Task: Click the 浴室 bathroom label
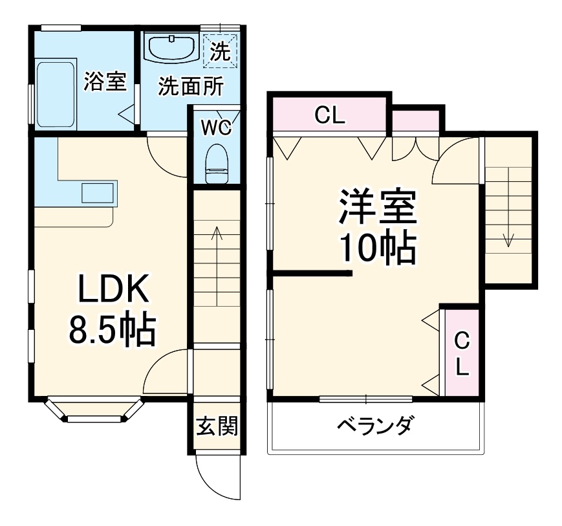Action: (x=105, y=82)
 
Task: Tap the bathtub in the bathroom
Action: (x=56, y=94)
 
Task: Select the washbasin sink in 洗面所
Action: (x=171, y=48)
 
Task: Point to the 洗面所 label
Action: (x=191, y=87)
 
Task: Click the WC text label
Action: (x=215, y=127)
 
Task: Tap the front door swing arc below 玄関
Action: (x=210, y=479)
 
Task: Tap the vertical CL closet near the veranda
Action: (x=461, y=353)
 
